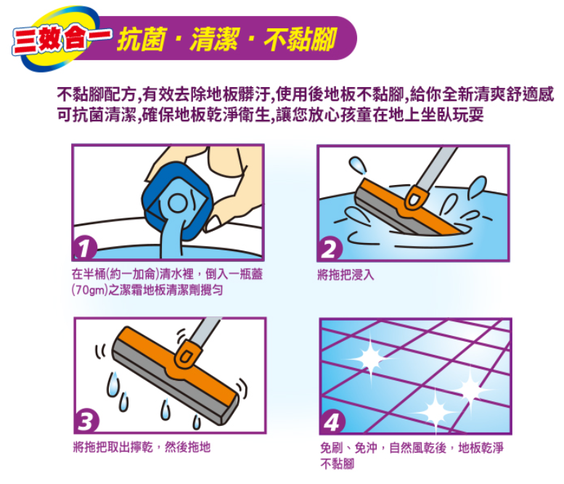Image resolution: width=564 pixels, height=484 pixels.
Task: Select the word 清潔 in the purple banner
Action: [216, 39]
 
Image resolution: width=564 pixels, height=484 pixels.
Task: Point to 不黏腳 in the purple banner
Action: [301, 39]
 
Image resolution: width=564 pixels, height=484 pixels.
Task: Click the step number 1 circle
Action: [85, 248]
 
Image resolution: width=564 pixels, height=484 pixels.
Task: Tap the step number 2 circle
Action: [330, 249]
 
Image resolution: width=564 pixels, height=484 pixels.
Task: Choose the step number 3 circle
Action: [86, 421]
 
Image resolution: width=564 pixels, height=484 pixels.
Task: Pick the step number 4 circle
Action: [332, 422]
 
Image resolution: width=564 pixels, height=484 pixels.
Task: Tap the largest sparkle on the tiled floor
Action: [371, 358]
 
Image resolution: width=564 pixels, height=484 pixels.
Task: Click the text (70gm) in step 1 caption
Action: [89, 290]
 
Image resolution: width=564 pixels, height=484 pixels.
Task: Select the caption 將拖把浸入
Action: [346, 275]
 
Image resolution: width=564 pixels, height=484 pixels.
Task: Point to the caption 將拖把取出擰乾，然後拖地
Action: [142, 447]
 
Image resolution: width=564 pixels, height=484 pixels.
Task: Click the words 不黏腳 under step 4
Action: [338, 464]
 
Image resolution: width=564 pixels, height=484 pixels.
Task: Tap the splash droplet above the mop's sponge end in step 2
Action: [357, 165]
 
